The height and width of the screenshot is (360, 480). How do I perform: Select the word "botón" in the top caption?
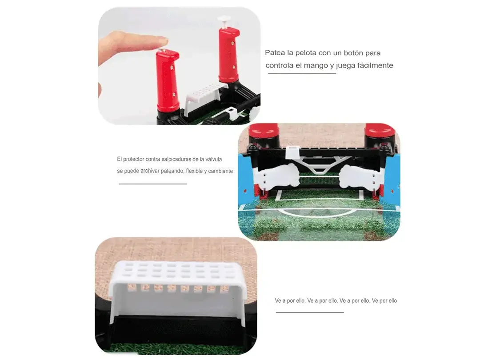(x=353, y=52)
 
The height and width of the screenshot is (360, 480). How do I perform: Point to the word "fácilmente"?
(x=375, y=65)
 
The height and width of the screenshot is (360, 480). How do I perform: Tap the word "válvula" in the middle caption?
(x=214, y=159)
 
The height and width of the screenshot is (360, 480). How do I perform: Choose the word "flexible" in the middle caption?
(x=194, y=171)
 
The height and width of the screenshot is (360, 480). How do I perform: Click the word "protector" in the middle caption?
(x=133, y=160)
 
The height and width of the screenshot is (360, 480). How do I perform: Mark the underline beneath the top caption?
(x=302, y=73)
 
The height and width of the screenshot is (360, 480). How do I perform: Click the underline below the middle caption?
(x=153, y=184)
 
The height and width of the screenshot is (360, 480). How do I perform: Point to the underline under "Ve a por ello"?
(x=310, y=312)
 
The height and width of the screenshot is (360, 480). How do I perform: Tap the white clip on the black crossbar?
(x=292, y=152)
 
